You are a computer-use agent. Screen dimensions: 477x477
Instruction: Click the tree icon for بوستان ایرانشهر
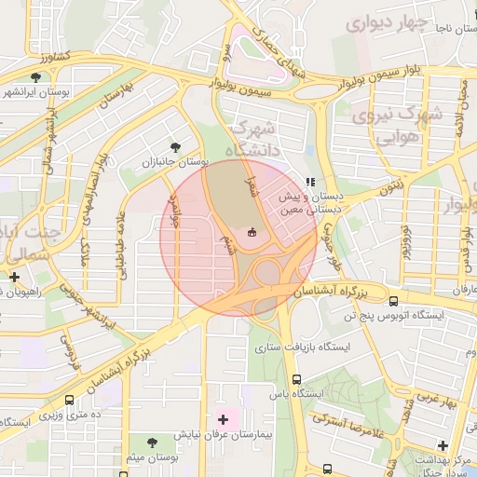[35, 78]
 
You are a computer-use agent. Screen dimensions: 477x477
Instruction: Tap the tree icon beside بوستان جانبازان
[176, 146]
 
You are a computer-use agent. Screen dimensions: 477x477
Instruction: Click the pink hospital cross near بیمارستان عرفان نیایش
[222, 419]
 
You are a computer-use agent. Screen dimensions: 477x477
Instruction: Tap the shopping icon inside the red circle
[251, 232]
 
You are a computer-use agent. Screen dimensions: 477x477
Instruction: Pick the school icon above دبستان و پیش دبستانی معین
[310, 183]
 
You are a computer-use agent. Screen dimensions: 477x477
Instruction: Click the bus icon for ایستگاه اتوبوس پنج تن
[393, 301]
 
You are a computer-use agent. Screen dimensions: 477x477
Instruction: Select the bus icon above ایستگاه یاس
[296, 379]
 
